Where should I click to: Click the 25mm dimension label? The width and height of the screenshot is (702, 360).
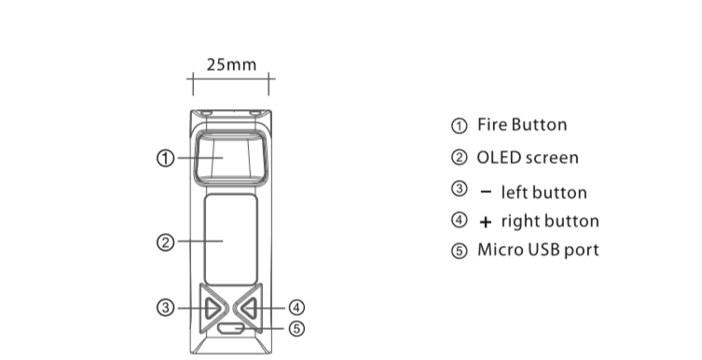coord(231,65)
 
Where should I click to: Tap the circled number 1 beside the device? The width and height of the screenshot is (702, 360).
coord(166,158)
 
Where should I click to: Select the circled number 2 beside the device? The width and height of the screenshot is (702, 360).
coord(166,242)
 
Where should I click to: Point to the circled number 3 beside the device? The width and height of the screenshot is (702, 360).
coord(166,308)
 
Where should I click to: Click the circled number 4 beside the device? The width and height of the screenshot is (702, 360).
coord(296,308)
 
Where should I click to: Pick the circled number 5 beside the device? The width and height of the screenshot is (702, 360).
coord(296,329)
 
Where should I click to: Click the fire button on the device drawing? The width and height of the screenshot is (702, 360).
coord(230,157)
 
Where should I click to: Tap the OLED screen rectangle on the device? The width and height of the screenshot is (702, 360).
coord(230,240)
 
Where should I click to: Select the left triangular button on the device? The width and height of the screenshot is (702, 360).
coord(213,308)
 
